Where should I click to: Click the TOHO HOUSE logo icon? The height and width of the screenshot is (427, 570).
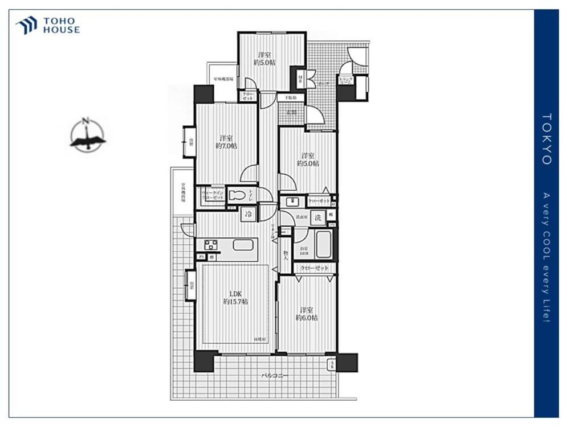26,26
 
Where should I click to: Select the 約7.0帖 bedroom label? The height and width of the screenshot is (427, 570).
226,142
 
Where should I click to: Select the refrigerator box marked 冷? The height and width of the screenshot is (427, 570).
249,214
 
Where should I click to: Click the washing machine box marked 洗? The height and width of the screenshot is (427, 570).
319,216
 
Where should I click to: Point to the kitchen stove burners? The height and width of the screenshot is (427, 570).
211,245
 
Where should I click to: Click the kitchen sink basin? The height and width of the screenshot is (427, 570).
243,245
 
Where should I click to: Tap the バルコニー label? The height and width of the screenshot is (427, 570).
275,376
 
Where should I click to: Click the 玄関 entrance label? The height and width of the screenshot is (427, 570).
291,112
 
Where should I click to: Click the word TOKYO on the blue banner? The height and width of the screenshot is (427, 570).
546,139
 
